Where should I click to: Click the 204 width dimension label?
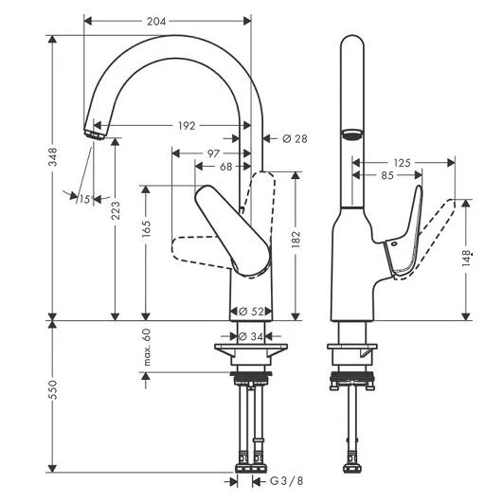click(156, 22)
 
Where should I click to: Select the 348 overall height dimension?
click(53, 156)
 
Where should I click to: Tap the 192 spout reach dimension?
click(187, 125)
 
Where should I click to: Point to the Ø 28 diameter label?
click(295, 138)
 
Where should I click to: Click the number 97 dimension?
click(213, 153)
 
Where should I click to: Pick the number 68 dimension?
click(225, 167)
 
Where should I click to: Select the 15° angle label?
click(86, 200)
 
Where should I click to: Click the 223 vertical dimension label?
click(116, 210)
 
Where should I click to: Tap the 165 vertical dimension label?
click(146, 228)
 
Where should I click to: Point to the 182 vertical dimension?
click(296, 239)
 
